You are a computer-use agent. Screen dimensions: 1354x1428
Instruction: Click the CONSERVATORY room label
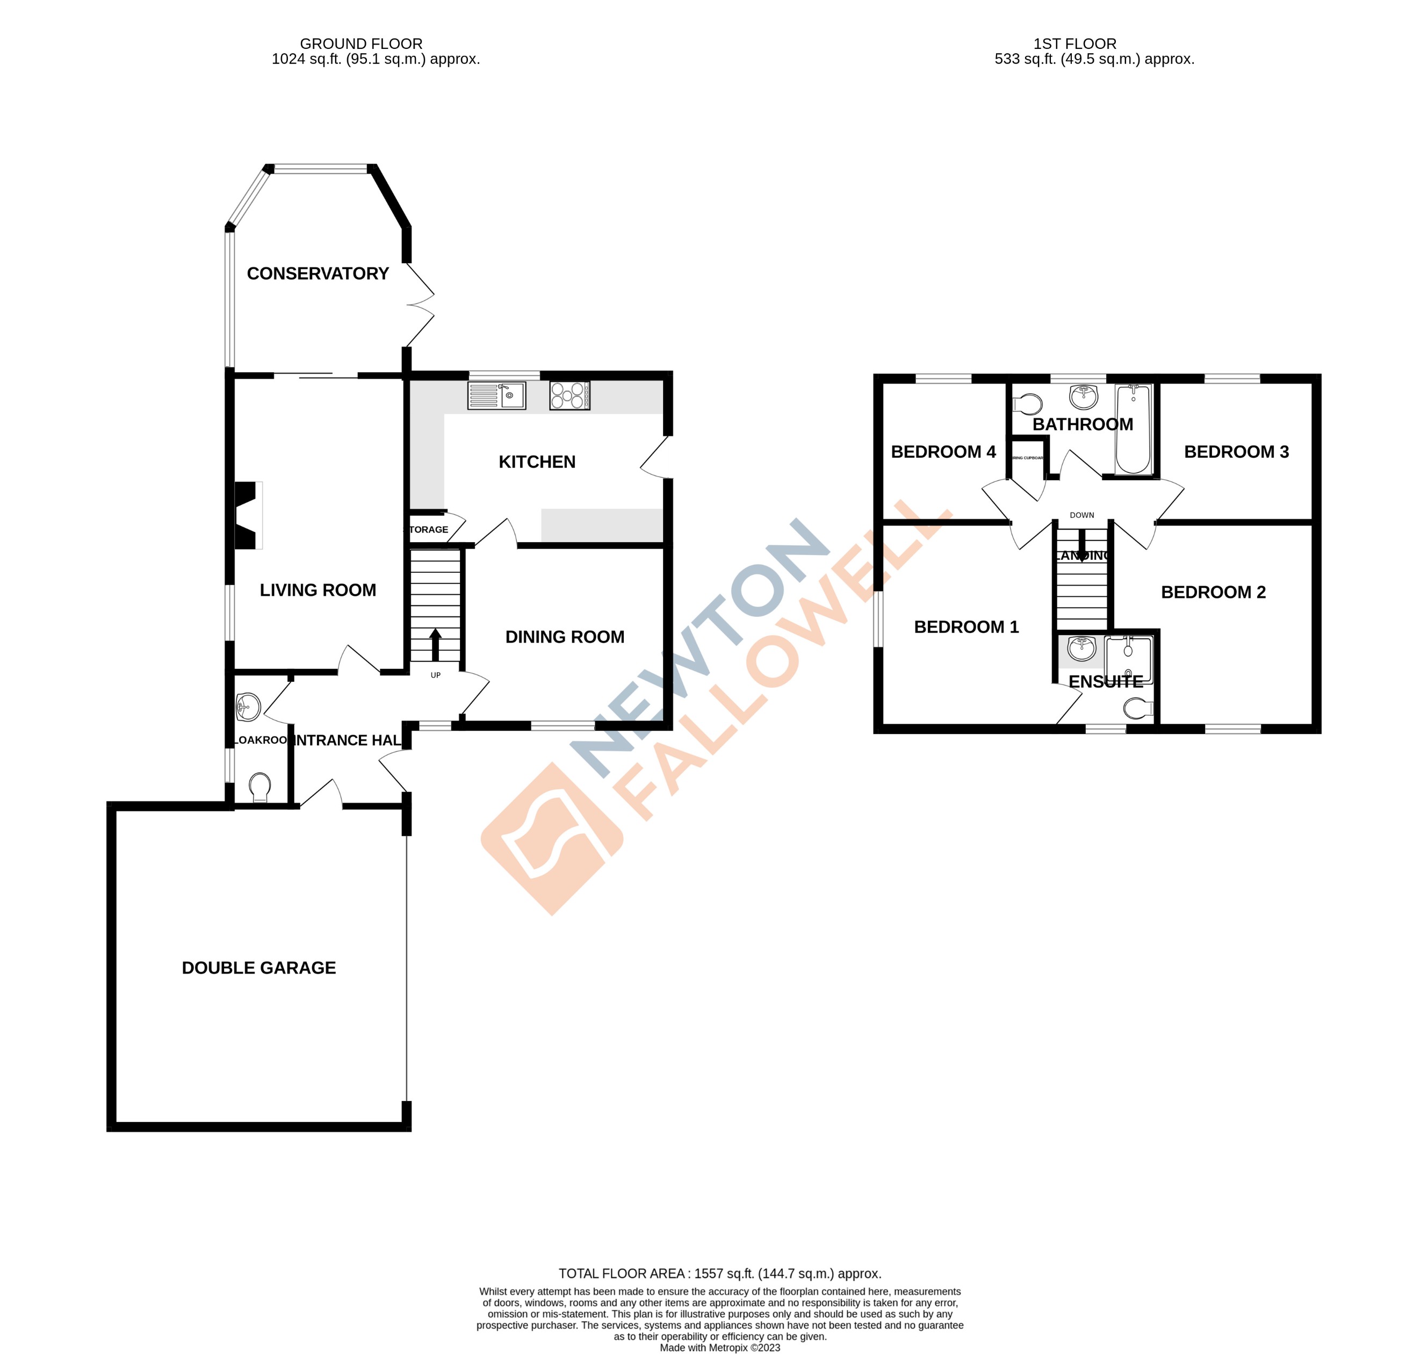click(318, 273)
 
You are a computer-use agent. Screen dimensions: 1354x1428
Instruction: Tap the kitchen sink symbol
click(496, 395)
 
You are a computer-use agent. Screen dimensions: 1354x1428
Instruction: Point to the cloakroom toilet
click(259, 787)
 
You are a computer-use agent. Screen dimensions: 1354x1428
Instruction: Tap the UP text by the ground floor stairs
click(435, 675)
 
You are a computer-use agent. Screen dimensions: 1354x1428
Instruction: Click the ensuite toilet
click(1138, 709)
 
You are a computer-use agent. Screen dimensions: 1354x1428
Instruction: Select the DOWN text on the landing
click(1081, 515)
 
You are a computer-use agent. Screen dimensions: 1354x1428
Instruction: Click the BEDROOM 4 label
click(943, 452)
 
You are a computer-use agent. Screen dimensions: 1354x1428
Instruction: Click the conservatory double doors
click(420, 305)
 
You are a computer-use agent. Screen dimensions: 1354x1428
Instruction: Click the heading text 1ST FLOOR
click(1074, 44)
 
